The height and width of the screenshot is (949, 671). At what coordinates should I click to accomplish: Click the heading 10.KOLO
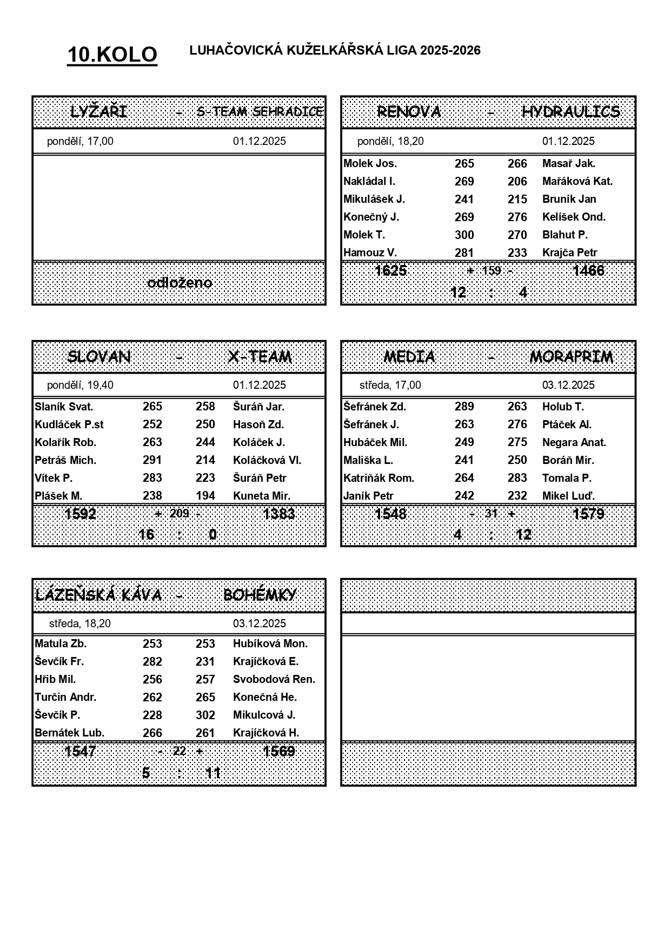click(112, 55)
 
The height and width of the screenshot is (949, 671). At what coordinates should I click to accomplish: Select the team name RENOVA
click(409, 112)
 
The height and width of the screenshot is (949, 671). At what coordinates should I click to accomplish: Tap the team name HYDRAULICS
click(570, 112)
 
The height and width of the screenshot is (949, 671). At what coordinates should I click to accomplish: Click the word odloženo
click(180, 283)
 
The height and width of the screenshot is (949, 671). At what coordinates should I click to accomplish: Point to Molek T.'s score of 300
click(464, 235)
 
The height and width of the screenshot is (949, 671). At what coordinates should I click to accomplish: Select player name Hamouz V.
click(370, 253)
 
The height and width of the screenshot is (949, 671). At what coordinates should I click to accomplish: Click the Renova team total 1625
click(390, 270)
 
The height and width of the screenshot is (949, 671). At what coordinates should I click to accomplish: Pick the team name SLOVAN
click(99, 357)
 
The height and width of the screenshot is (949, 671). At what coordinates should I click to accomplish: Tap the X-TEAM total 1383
click(278, 513)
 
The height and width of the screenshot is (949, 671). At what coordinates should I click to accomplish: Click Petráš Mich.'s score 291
click(152, 460)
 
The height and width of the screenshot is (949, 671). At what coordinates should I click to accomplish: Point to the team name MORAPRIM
click(571, 357)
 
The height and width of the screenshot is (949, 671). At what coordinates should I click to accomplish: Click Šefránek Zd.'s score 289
click(464, 407)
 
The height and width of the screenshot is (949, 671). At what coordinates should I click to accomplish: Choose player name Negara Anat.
click(574, 442)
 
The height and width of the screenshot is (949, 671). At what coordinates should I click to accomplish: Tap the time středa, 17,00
click(390, 385)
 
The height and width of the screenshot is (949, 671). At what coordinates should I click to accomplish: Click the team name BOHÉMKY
click(260, 595)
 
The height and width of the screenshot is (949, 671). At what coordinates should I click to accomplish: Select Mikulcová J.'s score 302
click(205, 715)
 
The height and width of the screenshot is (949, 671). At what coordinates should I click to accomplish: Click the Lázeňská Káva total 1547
click(80, 751)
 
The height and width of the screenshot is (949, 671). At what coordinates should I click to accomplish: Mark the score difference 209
click(179, 513)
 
